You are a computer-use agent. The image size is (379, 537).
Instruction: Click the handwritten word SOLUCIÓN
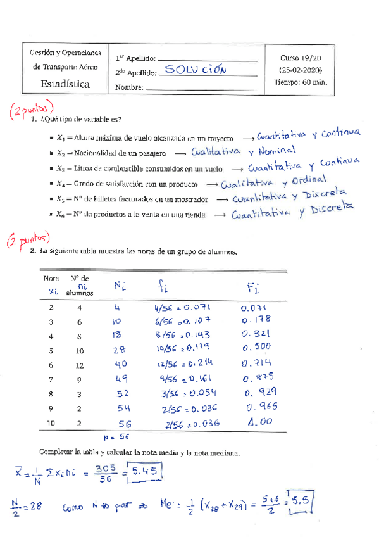click(x=194, y=69)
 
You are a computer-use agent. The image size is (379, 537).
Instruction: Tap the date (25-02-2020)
click(x=301, y=69)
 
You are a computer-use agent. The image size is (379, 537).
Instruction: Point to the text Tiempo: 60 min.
click(x=301, y=82)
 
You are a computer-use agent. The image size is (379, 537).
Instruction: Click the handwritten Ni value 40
click(x=121, y=364)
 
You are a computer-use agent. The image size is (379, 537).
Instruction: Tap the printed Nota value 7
click(x=51, y=379)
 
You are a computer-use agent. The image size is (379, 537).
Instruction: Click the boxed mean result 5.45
click(x=144, y=472)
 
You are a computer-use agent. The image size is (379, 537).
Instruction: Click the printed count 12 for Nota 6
click(x=80, y=365)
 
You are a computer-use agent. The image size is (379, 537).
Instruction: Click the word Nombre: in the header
click(x=130, y=87)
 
